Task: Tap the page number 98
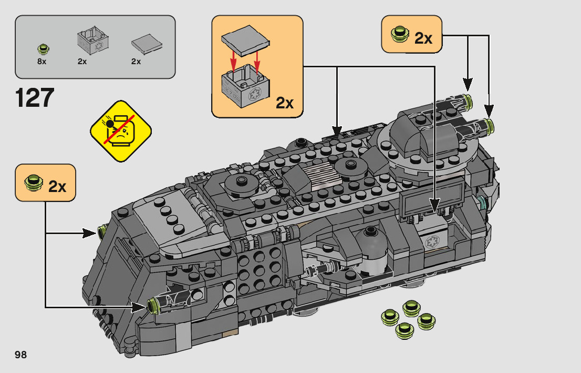[21, 355]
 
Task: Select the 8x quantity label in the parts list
[42, 62]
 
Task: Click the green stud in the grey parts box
[43, 49]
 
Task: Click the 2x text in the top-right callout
[423, 38]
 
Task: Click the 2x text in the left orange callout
[58, 186]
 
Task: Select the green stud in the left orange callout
[34, 184]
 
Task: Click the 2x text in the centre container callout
[284, 103]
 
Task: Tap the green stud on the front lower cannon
[153, 305]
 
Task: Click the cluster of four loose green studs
[409, 318]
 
